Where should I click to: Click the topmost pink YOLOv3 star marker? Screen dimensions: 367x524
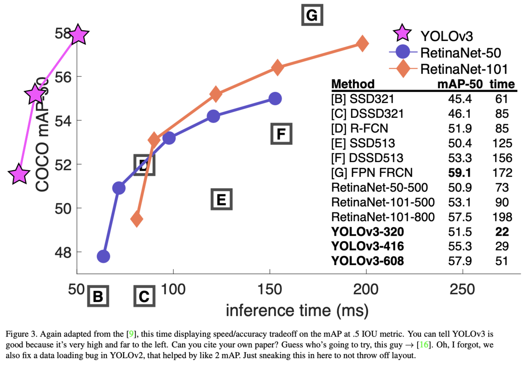click(78, 35)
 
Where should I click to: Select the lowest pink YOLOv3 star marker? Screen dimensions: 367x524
click(19, 174)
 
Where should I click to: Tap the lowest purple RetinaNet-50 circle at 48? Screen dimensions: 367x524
click(103, 256)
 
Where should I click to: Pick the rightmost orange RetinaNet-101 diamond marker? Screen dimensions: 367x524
click(362, 44)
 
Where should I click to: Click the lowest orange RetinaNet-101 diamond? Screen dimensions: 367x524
click(136, 218)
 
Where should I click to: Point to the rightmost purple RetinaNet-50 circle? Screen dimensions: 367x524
click(275, 98)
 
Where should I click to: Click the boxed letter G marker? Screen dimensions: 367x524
click(312, 16)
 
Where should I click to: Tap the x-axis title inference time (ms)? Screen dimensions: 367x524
click(297, 310)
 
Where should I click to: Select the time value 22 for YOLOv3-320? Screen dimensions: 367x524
click(502, 232)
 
